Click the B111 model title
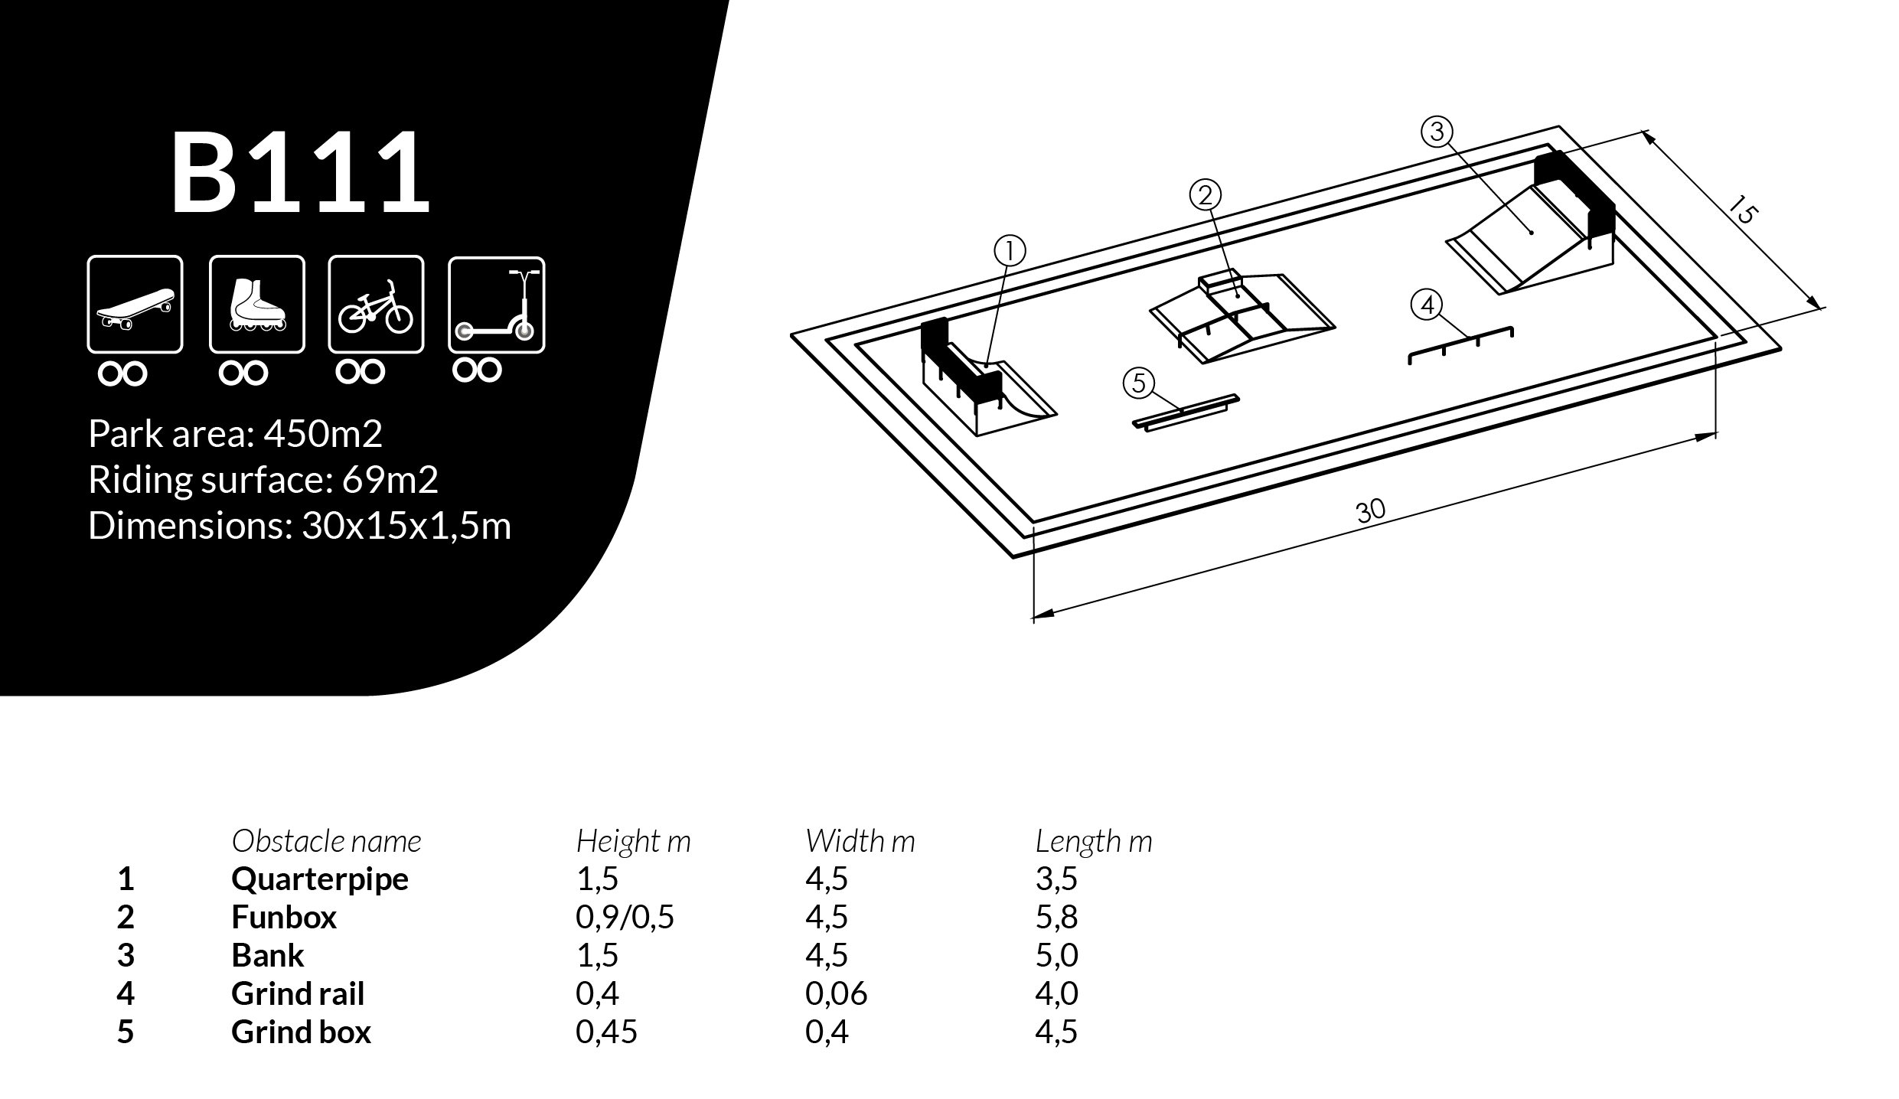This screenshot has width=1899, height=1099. [x=300, y=173]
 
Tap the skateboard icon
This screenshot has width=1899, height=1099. [x=135, y=305]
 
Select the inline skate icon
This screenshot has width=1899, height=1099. [x=257, y=305]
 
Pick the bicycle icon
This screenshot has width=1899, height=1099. [x=376, y=305]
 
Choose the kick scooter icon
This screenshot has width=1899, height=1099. [x=496, y=305]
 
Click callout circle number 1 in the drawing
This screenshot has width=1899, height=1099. [x=1010, y=251]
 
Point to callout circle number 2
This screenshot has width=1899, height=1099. [x=1206, y=195]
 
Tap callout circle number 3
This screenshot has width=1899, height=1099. [x=1437, y=132]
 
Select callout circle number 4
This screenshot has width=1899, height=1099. [x=1427, y=305]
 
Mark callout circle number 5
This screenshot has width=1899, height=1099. [x=1139, y=383]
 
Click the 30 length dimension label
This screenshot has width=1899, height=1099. [x=1370, y=510]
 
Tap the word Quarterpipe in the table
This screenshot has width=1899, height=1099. [x=319, y=879]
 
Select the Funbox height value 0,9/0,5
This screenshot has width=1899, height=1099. [x=625, y=917]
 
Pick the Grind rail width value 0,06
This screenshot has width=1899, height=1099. [x=836, y=993]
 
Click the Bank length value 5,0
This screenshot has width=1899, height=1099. [x=1056, y=955]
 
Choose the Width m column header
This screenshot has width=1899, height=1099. [x=860, y=841]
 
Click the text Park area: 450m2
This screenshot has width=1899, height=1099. [x=235, y=434]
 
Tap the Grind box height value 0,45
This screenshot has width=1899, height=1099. [x=606, y=1032]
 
